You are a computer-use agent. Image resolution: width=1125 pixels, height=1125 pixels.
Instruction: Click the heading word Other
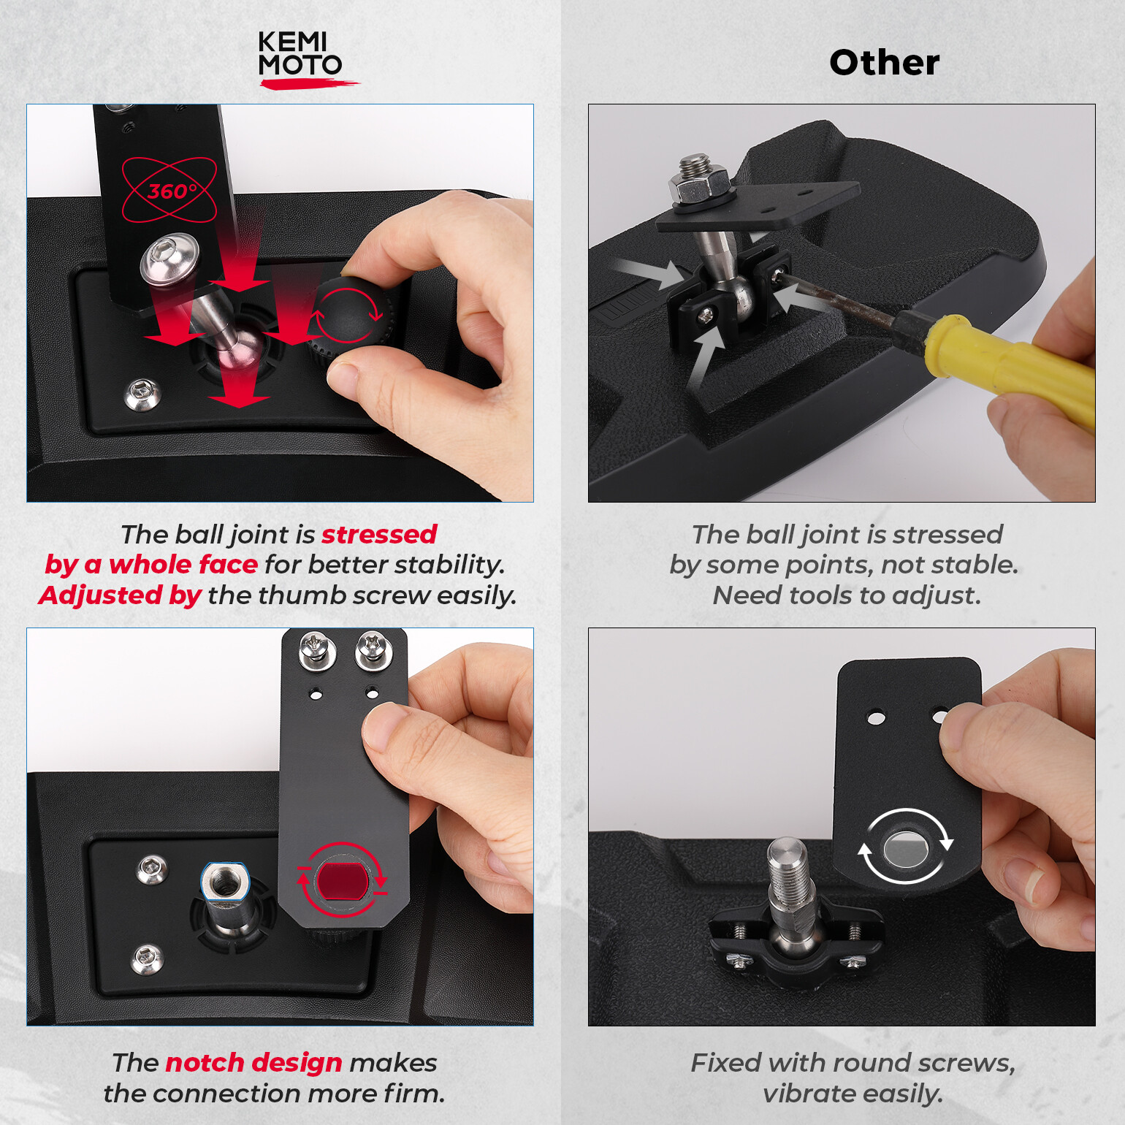pos(884,63)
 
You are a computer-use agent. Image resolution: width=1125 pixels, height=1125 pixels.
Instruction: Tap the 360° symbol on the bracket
pos(169,190)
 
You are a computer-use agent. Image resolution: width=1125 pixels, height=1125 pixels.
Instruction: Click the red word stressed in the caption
pos(379,534)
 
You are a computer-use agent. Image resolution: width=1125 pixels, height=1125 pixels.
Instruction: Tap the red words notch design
pos(253,1063)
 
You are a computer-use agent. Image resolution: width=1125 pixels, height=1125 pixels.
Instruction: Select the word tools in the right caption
pos(820,595)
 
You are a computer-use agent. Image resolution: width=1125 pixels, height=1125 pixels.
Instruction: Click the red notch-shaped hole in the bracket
pos(341,880)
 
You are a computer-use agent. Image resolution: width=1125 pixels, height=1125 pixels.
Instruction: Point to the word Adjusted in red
pos(100,595)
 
